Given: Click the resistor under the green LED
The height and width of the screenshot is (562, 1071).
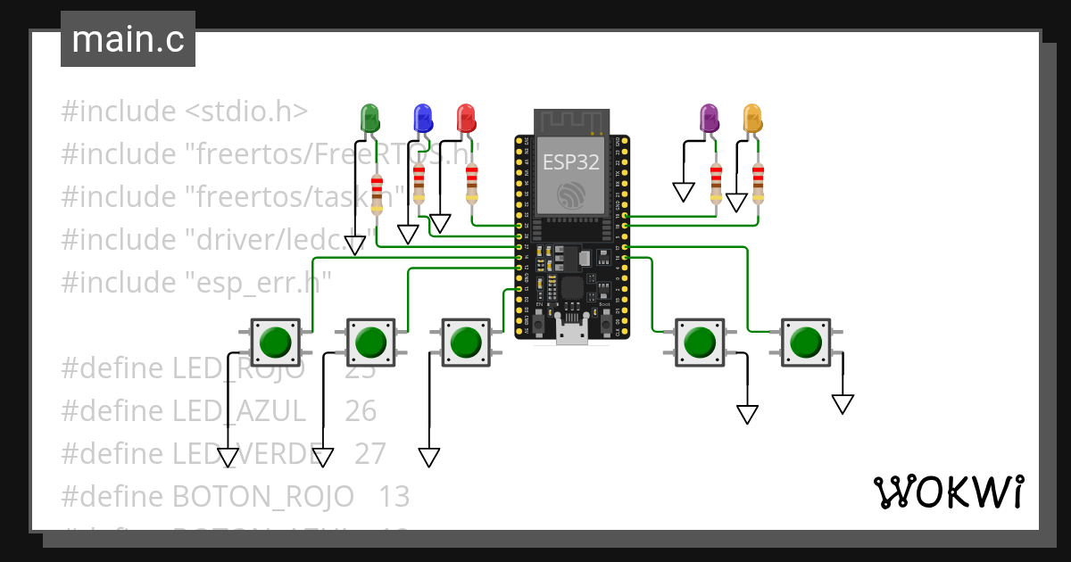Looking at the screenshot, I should (377, 194).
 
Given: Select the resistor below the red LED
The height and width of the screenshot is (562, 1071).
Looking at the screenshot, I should (472, 183).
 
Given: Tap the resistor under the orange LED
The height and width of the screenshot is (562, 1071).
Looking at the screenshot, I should (759, 183).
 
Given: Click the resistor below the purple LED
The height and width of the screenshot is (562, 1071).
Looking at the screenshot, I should (716, 183).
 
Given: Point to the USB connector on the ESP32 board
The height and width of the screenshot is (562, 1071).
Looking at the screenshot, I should (571, 333).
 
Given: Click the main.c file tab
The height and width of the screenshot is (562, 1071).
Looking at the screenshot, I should (128, 40).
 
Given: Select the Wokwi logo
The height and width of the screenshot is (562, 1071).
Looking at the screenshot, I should (948, 492).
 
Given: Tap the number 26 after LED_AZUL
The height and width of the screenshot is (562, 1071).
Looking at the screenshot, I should (361, 410).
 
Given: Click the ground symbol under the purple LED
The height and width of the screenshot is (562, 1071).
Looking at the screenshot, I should (684, 192).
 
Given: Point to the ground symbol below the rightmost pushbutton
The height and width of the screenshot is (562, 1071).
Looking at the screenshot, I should (843, 404).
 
